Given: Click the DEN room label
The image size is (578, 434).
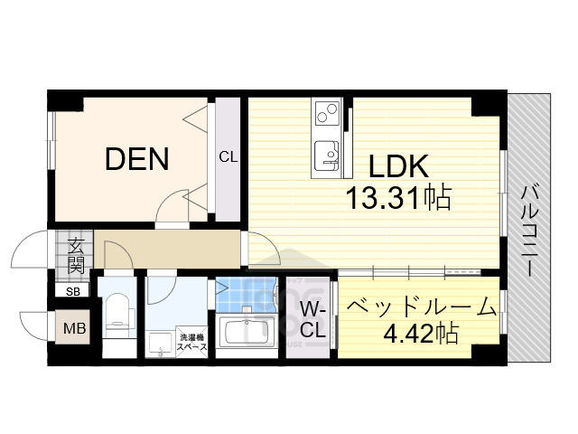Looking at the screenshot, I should pyautogui.click(x=137, y=160).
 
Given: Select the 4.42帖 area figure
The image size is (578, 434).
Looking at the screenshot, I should pyautogui.click(x=421, y=333).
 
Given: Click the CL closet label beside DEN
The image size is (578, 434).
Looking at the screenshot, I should pyautogui.click(x=228, y=156).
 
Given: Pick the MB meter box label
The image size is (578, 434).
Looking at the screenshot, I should pyautogui.click(x=74, y=328).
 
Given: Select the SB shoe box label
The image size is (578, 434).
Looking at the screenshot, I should pyautogui.click(x=71, y=292).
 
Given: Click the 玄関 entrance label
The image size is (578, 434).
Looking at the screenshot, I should pyautogui.click(x=75, y=254).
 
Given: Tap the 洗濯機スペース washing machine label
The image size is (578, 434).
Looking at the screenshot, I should pyautogui.click(x=192, y=340).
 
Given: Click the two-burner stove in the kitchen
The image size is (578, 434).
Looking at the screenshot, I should pyautogui.click(x=326, y=116).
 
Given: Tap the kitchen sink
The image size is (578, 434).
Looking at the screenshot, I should pyautogui.click(x=325, y=155).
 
